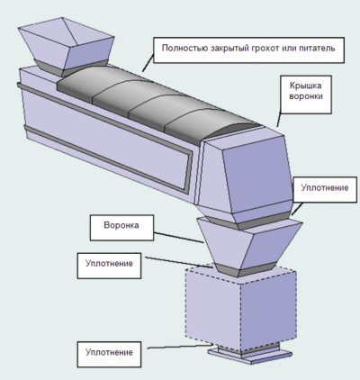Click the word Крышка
tap(305, 86)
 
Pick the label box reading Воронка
tap(121, 228)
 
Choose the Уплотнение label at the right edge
tap(325, 190)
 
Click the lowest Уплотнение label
tap(109, 354)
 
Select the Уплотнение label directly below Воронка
tap(109, 266)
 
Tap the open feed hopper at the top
tap(66, 42)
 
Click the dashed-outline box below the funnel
tap(241, 309)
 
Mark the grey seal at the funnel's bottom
tap(244, 270)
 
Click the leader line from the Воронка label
tap(179, 237)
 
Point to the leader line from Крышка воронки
tap(279, 119)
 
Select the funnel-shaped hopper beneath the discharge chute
tap(248, 243)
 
